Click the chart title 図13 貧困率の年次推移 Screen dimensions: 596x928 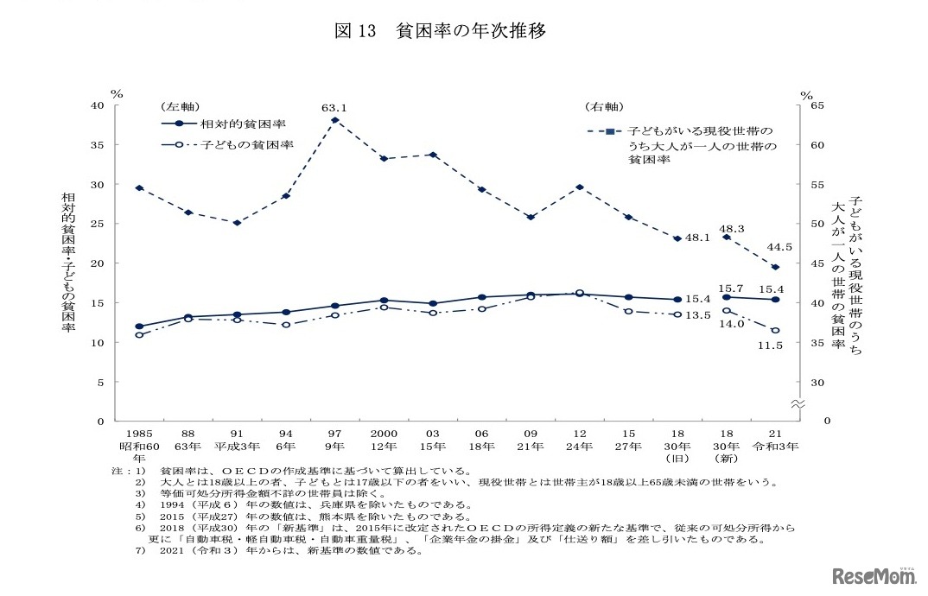(x=440, y=31)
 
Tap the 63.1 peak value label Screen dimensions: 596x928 (x=334, y=108)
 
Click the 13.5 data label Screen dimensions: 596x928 (x=698, y=315)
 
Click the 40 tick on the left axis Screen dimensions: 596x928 (x=98, y=105)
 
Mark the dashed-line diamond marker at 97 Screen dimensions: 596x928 (x=334, y=120)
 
